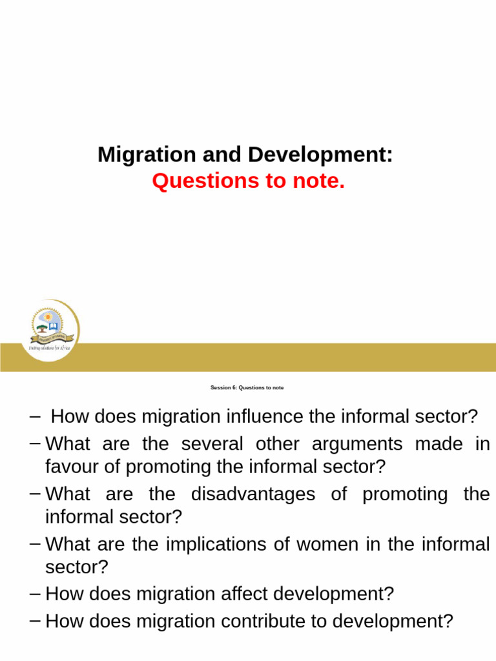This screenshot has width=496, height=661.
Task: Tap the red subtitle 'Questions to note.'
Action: click(x=249, y=182)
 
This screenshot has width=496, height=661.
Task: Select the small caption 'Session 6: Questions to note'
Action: click(x=247, y=388)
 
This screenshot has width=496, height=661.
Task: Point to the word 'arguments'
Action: click(x=356, y=444)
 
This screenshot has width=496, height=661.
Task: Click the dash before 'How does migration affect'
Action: click(x=36, y=593)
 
